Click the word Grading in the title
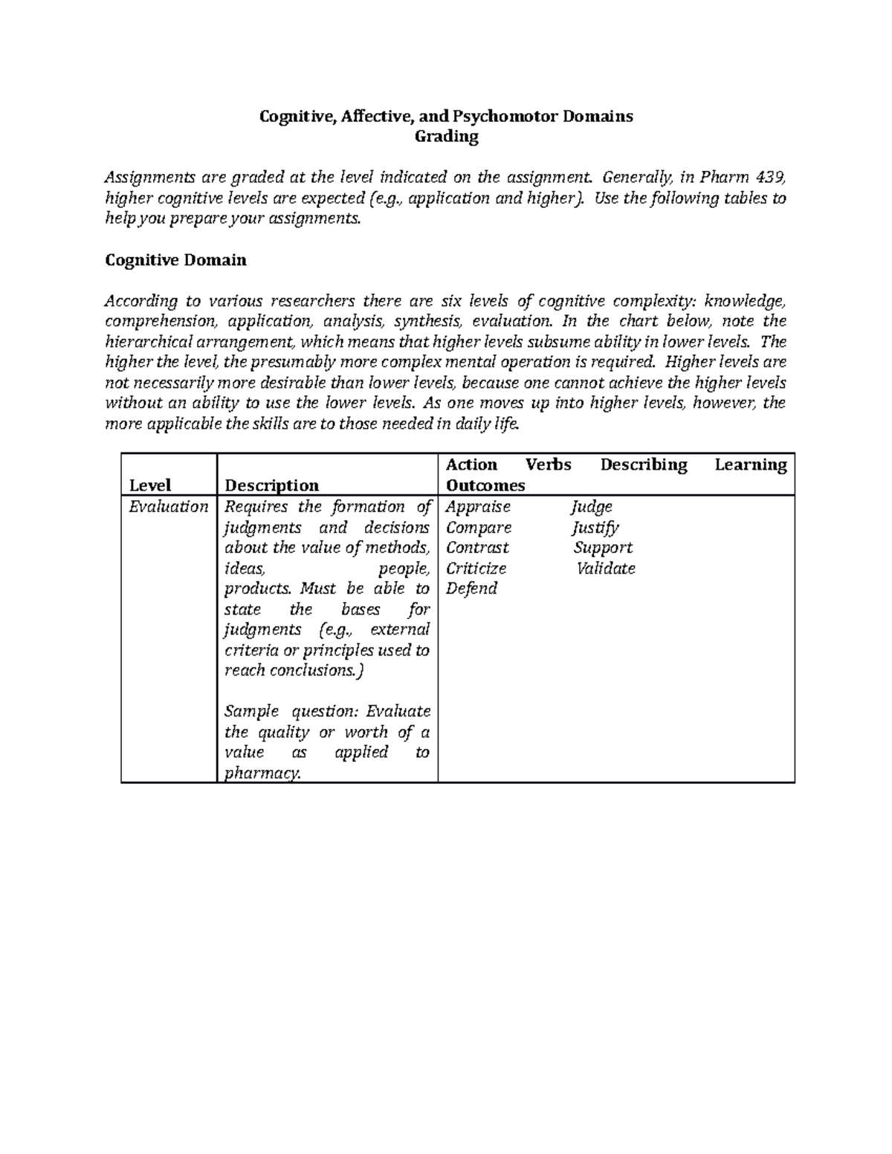pyautogui.click(x=446, y=137)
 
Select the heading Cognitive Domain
pyautogui.click(x=175, y=260)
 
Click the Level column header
pyautogui.click(x=150, y=485)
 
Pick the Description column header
pyautogui.click(x=271, y=485)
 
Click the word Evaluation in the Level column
pyautogui.click(x=168, y=507)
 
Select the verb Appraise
pyautogui.click(x=478, y=507)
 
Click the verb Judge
pyautogui.click(x=592, y=507)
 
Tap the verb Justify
pyautogui.click(x=595, y=528)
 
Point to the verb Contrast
pyautogui.click(x=477, y=548)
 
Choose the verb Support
pyautogui.click(x=603, y=548)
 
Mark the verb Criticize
pyautogui.click(x=476, y=568)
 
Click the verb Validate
pyautogui.click(x=606, y=568)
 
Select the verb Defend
pyautogui.click(x=471, y=589)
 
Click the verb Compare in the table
pyautogui.click(x=479, y=528)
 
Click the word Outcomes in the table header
pyautogui.click(x=485, y=485)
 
